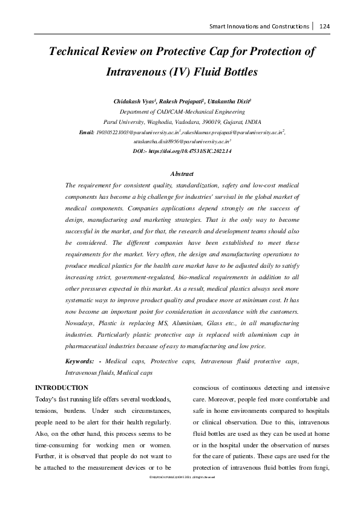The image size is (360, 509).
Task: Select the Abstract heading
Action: (x=182, y=173)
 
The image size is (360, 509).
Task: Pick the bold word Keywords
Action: (x=82, y=360)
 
